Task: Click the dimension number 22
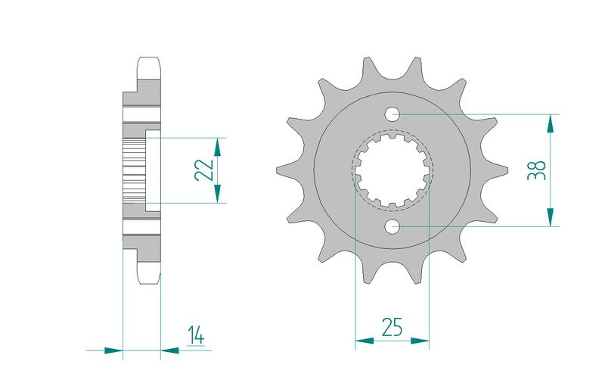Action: (203, 170)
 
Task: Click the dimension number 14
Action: (197, 335)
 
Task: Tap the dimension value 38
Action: (537, 170)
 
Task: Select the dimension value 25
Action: (392, 327)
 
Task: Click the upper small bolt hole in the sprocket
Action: (392, 114)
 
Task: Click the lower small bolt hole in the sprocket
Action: (392, 226)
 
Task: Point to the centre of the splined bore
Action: (392, 170)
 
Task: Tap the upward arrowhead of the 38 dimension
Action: (551, 124)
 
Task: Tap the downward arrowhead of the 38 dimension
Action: (551, 217)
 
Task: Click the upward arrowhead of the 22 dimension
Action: (217, 147)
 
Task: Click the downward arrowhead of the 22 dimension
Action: (217, 194)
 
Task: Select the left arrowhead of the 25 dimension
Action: (365, 341)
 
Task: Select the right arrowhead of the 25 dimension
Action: (420, 341)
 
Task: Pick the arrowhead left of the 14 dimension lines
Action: (113, 350)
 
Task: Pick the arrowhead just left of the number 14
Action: (169, 350)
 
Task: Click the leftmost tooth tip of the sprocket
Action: (277, 170)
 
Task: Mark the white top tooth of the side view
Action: (149, 68)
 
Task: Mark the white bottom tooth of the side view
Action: (149, 272)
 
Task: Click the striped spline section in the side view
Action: (134, 170)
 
